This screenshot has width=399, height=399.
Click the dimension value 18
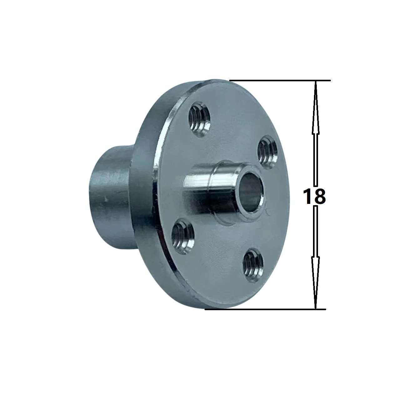coord(315,196)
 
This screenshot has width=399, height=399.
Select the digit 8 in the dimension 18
coord(320,196)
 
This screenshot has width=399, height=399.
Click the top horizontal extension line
coord(281,81)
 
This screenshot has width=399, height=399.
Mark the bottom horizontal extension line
coord(266,309)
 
